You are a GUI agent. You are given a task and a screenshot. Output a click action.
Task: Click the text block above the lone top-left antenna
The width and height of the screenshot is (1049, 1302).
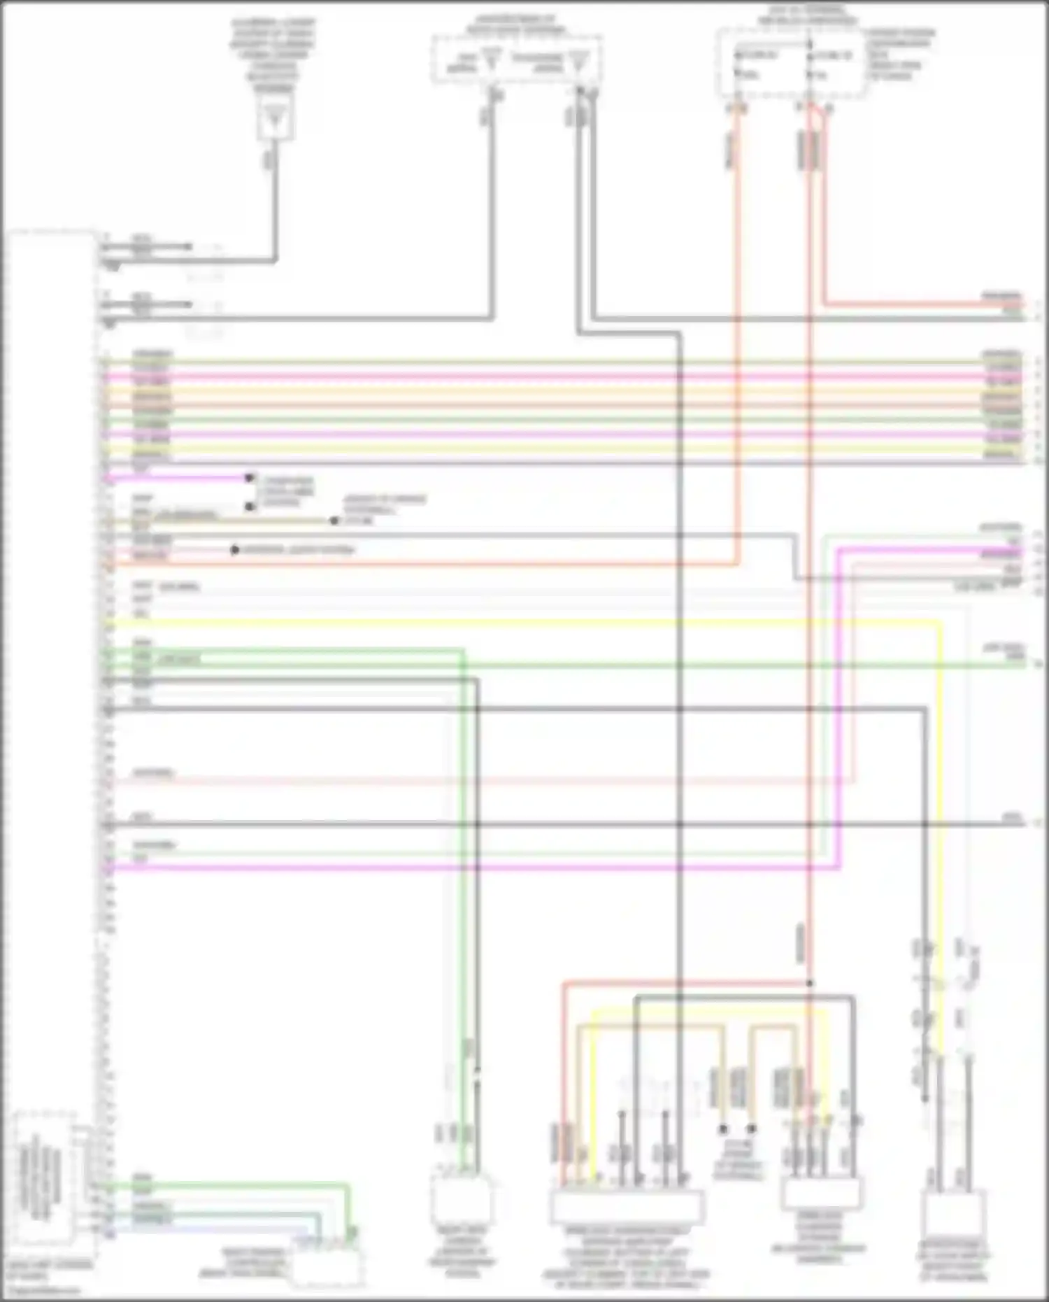tap(273, 55)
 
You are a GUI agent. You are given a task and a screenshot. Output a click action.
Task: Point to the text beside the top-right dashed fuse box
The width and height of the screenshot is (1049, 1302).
tap(901, 54)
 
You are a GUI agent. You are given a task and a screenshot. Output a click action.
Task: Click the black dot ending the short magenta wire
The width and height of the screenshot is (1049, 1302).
tap(249, 479)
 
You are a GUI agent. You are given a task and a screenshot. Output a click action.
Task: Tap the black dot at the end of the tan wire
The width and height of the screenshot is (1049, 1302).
tap(334, 521)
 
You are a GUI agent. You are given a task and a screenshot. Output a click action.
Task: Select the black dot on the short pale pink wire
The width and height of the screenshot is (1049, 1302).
tap(235, 551)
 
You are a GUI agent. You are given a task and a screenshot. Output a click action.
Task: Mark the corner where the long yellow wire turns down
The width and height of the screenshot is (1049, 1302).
tap(939, 623)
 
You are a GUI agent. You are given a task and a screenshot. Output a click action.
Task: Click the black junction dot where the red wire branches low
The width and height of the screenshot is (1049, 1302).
tap(810, 983)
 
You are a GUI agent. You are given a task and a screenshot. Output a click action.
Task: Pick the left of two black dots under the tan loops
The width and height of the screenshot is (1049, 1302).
tap(724, 1128)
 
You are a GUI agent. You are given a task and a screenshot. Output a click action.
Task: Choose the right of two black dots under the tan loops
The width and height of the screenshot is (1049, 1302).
tap(752, 1128)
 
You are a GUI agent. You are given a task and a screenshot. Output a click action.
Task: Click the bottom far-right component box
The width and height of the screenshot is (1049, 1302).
tap(953, 1214)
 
